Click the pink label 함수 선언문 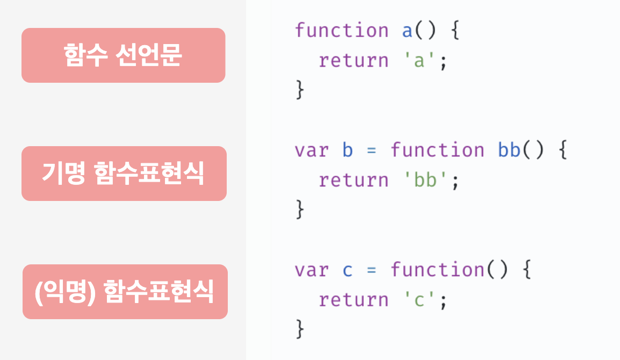tap(123, 55)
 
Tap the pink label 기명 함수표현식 tap(124, 174)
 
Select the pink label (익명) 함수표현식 tap(125, 292)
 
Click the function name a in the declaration tap(407, 31)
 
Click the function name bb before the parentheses tap(509, 150)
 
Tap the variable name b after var tap(348, 150)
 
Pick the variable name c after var tap(348, 270)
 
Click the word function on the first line tap(342, 31)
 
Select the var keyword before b tap(312, 150)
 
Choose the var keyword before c tap(312, 270)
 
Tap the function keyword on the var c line tap(437, 270)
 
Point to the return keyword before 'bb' tap(354, 181)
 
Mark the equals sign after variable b tap(372, 150)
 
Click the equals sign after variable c tap(372, 270)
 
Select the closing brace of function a tap(300, 90)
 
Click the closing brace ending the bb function tap(300, 210)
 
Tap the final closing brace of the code tap(300, 329)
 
